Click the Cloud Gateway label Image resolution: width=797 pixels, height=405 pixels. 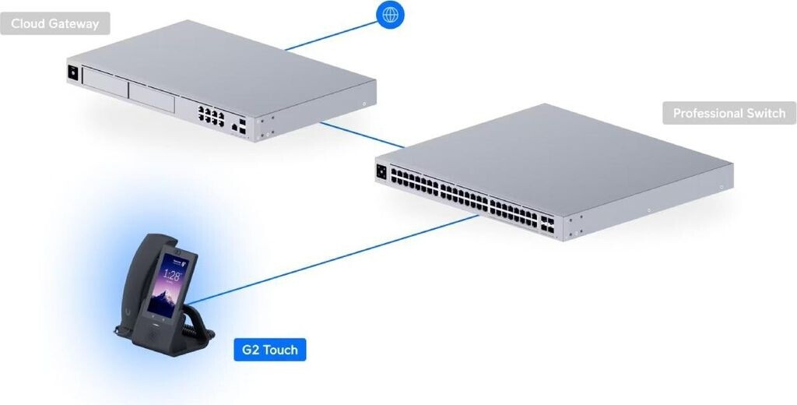55,23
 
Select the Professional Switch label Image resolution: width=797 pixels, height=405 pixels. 729,113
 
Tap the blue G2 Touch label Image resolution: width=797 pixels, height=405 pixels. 269,350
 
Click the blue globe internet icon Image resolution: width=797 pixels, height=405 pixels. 390,14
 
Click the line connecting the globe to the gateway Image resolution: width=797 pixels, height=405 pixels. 331,34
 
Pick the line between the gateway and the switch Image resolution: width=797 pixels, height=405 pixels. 361,134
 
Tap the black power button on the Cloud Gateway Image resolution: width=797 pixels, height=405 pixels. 74,72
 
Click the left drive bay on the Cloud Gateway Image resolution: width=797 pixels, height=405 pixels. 105,85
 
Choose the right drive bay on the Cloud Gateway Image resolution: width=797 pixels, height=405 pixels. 151,97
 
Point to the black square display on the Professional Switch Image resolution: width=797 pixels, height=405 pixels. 381,171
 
